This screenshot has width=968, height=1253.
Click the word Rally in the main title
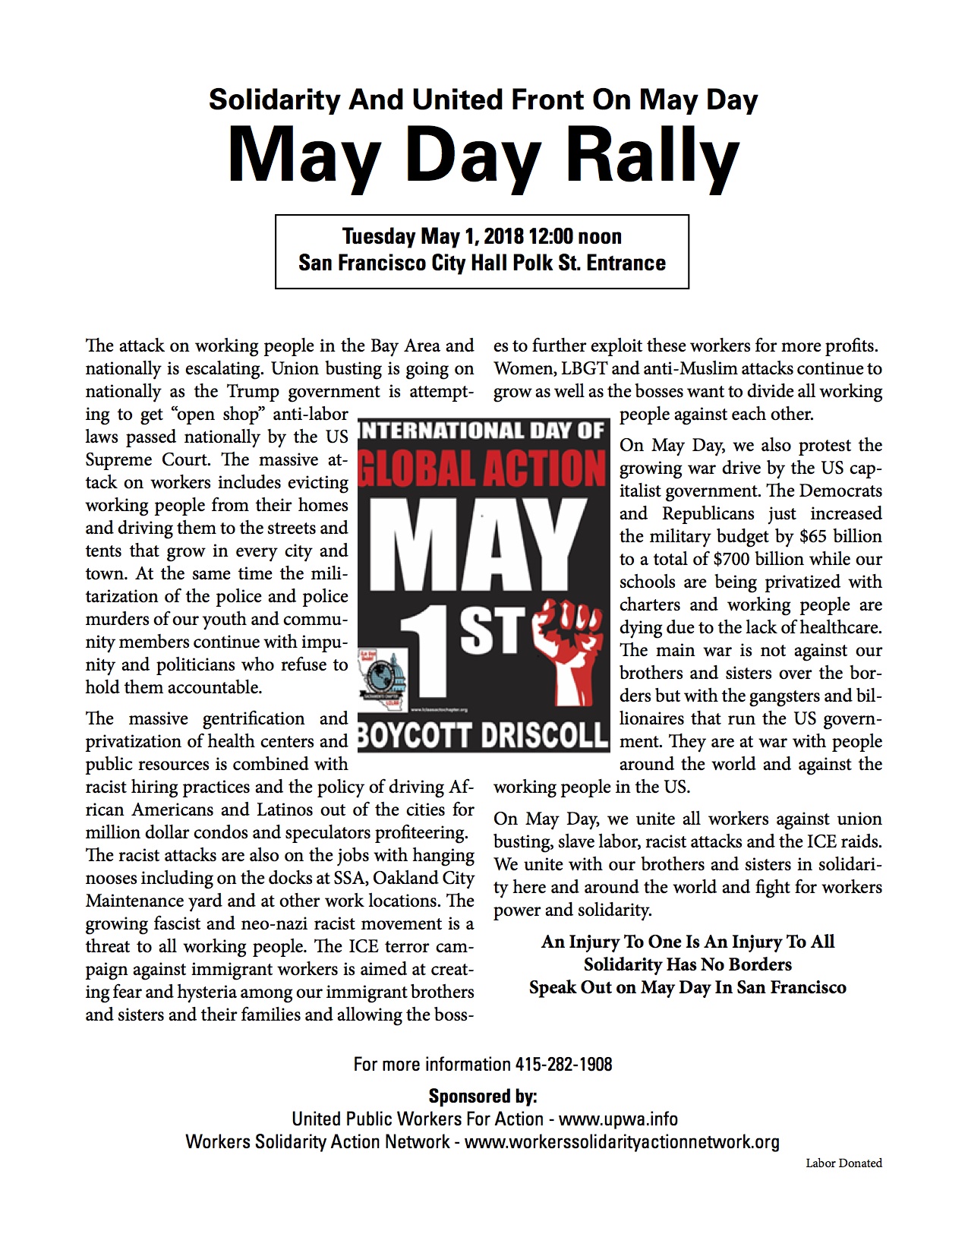[653, 156]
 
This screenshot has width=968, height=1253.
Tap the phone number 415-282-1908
[563, 1064]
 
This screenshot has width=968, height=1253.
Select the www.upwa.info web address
[618, 1119]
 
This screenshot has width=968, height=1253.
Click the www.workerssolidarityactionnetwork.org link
[622, 1141]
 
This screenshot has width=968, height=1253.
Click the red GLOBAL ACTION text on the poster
[483, 468]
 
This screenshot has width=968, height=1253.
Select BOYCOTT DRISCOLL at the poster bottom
[483, 734]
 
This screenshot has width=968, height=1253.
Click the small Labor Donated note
[843, 1163]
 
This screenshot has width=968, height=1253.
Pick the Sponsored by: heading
[483, 1096]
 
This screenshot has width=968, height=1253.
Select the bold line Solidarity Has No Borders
[687, 964]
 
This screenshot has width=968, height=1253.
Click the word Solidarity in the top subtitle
[274, 99]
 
